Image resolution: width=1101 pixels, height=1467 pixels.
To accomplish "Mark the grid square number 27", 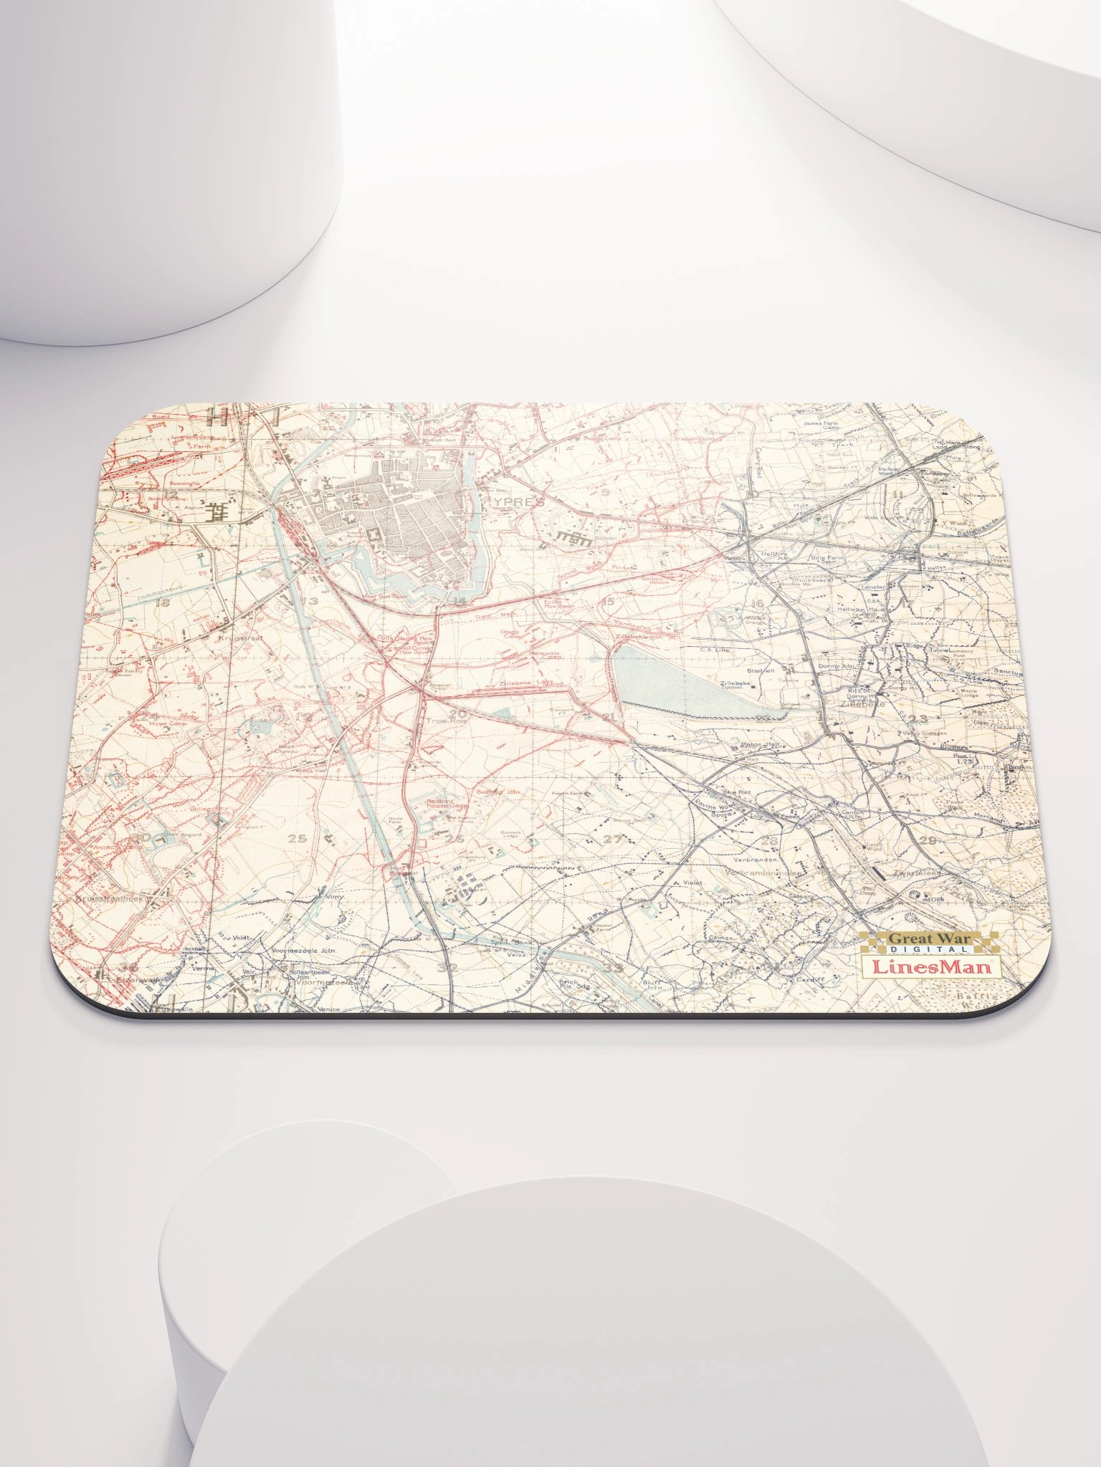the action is (x=613, y=839).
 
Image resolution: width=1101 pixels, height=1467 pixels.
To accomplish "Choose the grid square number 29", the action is (x=928, y=840).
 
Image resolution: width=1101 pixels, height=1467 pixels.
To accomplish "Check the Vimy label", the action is (x=334, y=896).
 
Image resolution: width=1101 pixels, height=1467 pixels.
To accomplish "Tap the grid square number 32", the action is (x=450, y=968).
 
